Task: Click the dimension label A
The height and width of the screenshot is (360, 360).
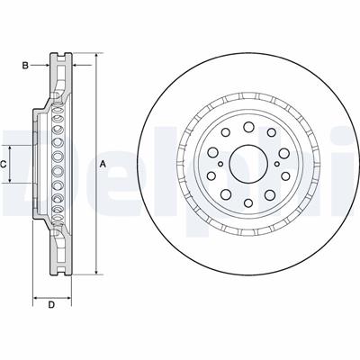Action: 102,163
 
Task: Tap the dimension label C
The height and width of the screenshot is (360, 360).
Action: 4,163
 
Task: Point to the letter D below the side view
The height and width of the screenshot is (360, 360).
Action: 51,305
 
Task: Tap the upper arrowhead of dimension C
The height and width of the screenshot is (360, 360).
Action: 12,147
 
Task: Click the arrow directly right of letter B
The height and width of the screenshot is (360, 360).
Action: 44,64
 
